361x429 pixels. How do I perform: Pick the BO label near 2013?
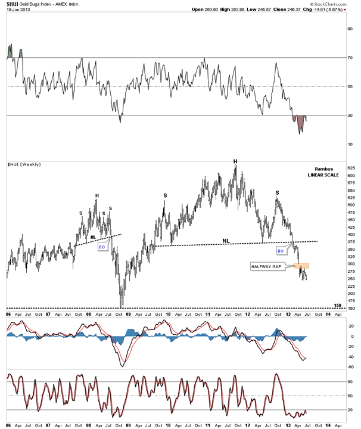280,251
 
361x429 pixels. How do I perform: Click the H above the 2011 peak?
235,161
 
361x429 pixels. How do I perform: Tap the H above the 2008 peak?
96,195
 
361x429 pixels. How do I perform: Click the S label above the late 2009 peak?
165,195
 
